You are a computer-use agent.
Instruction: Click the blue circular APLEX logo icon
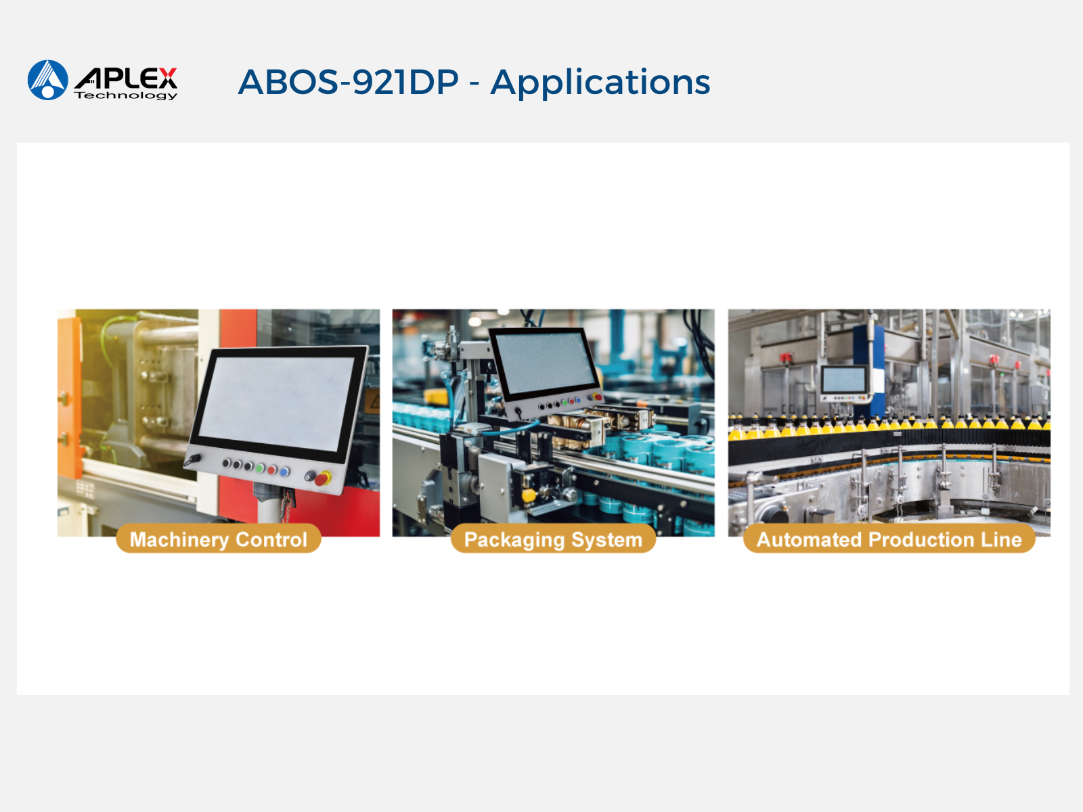point(48,80)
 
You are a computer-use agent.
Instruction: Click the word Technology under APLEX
point(126,95)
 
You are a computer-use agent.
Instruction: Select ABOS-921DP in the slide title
point(349,82)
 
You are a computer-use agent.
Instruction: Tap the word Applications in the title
point(600,83)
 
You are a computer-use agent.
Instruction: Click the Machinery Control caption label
point(219,539)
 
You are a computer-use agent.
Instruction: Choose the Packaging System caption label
point(553,539)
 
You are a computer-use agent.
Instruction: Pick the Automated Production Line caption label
point(889,539)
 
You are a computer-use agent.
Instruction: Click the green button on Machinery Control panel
point(259,468)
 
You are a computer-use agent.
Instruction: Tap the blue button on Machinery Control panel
point(285,472)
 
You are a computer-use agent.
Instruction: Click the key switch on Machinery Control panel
point(192,461)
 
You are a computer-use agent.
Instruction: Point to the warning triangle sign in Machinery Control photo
point(374,401)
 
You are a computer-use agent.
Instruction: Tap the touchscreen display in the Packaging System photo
point(545,361)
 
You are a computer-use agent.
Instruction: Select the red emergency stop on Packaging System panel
point(598,397)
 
